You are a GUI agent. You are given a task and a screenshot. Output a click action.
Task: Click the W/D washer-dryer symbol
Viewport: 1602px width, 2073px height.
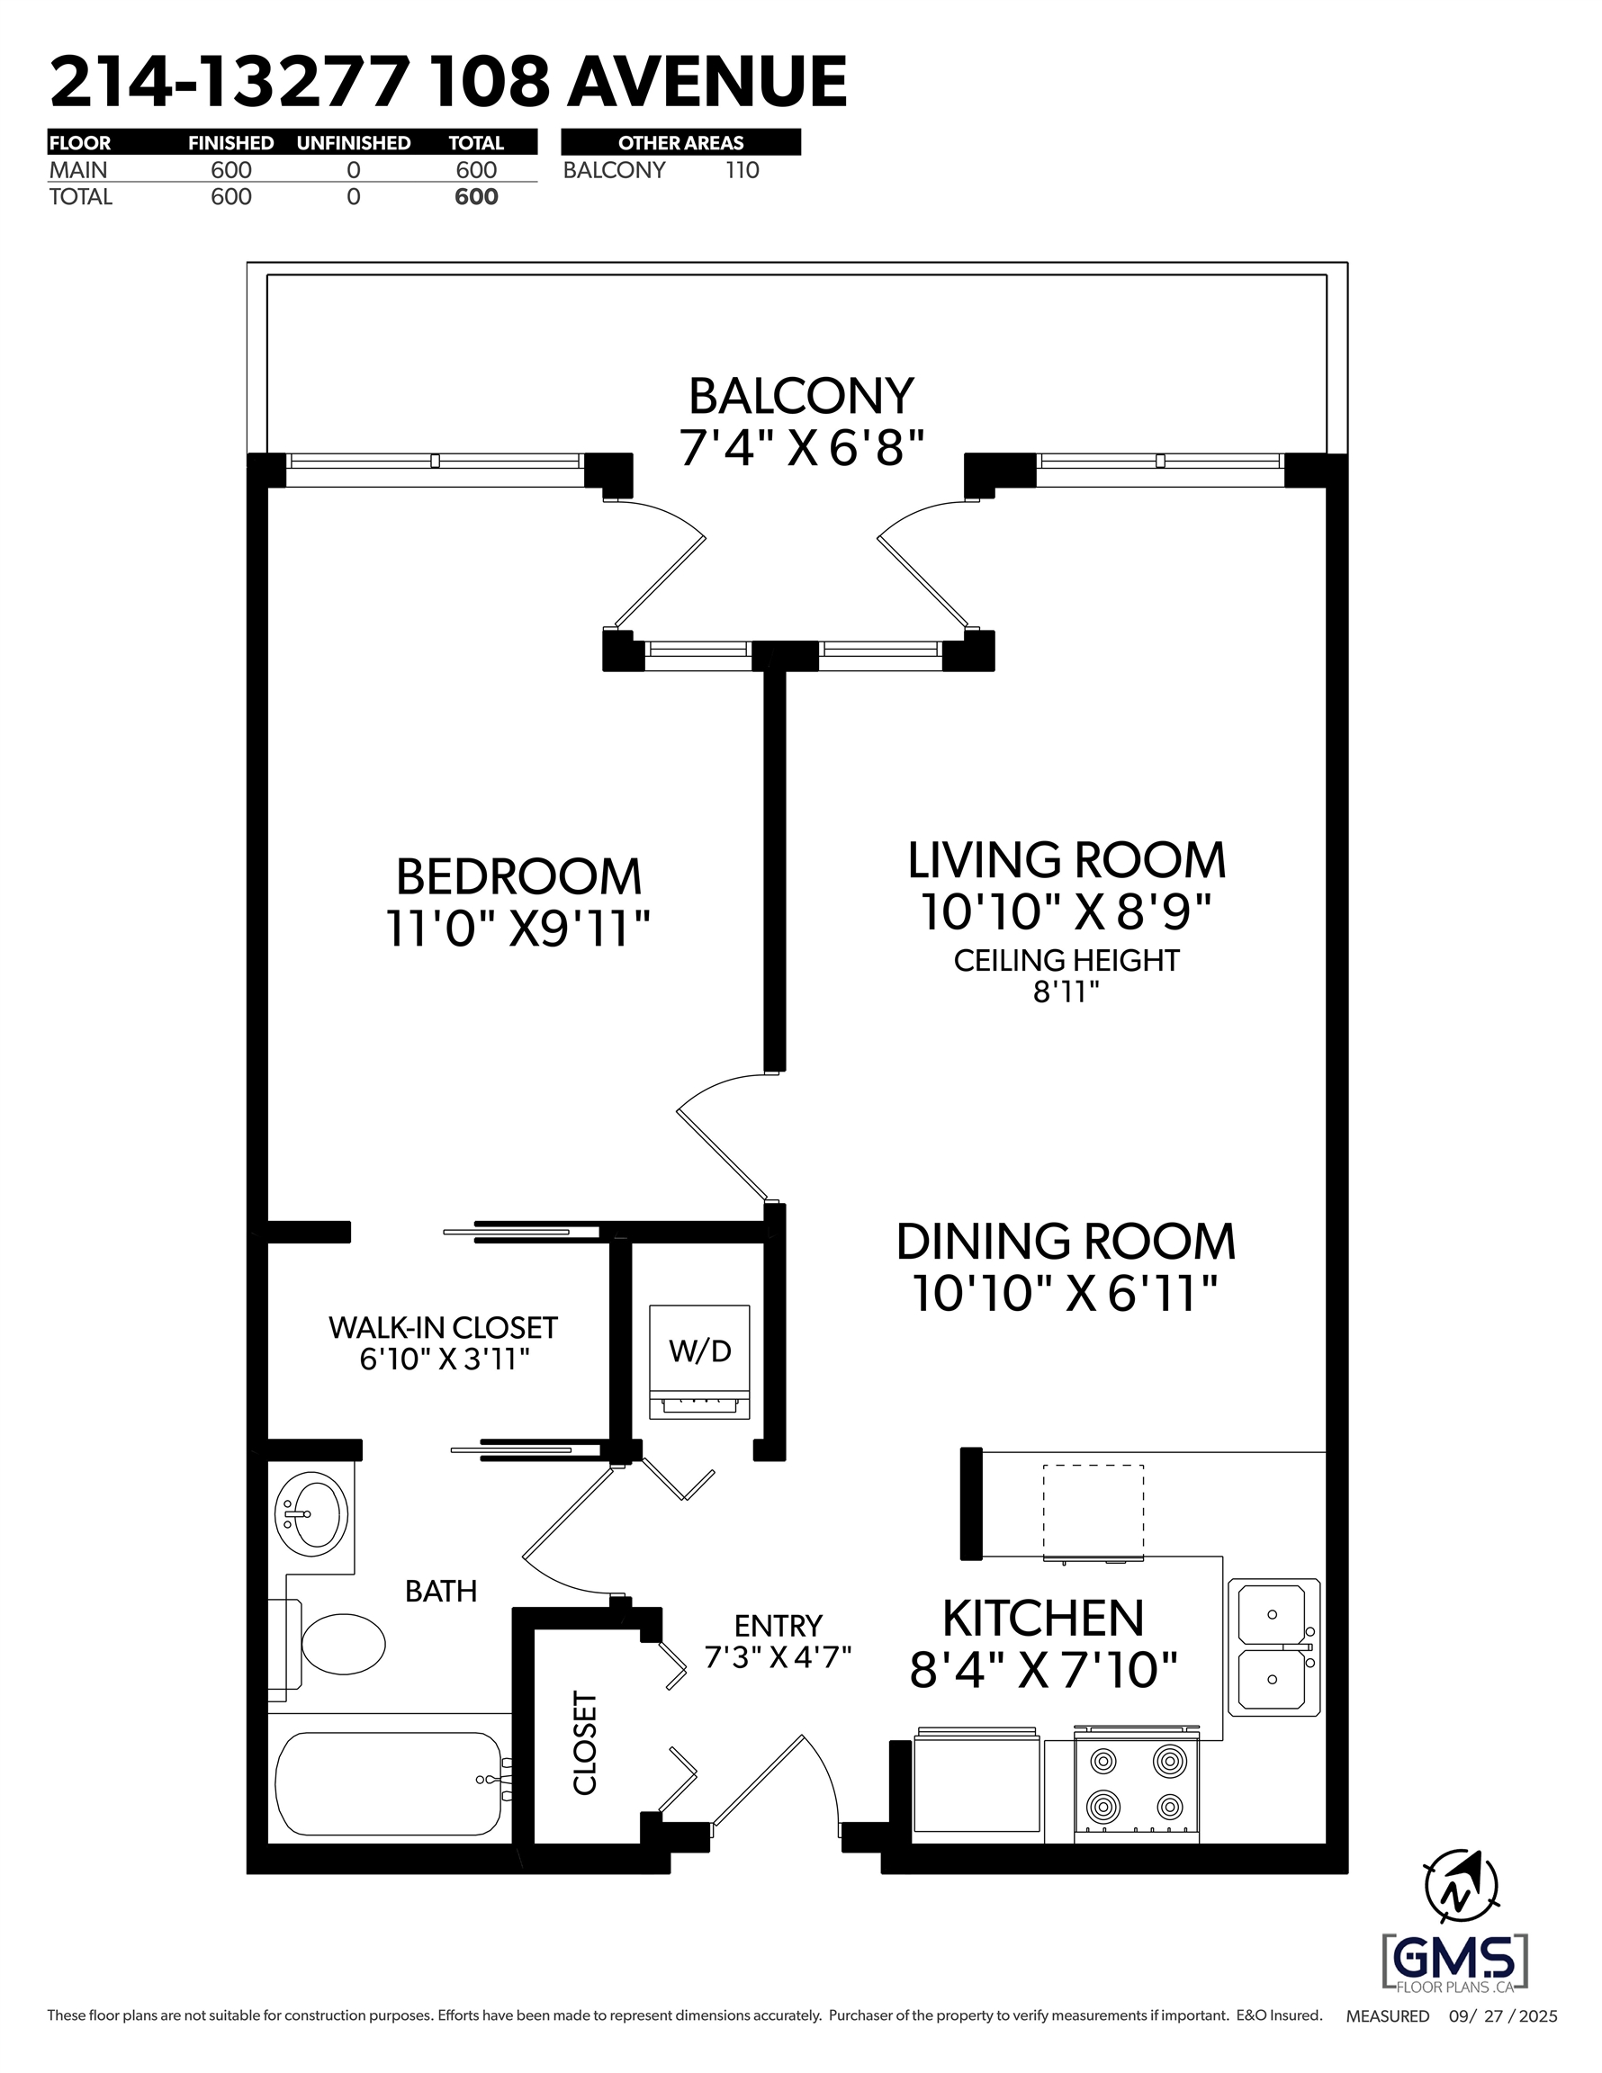[x=700, y=1363]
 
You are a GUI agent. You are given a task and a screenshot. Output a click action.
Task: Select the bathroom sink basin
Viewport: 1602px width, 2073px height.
[x=310, y=1514]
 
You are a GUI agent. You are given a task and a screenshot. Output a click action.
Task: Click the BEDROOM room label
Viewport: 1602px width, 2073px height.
[x=518, y=876]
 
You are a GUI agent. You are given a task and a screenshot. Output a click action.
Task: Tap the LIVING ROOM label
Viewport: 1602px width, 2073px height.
[x=1066, y=860]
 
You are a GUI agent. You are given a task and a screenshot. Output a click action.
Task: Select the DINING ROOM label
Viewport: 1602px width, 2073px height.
[x=1066, y=1242]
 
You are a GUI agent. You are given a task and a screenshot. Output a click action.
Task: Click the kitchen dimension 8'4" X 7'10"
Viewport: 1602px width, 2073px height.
[x=1044, y=1670]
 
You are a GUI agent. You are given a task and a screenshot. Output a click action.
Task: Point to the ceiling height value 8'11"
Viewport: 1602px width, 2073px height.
[x=1066, y=992]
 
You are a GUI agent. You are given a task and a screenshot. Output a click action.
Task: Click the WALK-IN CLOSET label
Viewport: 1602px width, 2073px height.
[x=443, y=1327]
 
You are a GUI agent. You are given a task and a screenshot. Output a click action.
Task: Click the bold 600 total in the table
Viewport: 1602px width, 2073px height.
[x=476, y=196]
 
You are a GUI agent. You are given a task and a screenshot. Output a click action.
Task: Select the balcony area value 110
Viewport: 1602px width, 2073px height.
[x=742, y=170]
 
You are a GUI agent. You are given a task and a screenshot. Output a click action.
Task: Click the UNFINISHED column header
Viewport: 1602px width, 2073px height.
[x=354, y=143]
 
